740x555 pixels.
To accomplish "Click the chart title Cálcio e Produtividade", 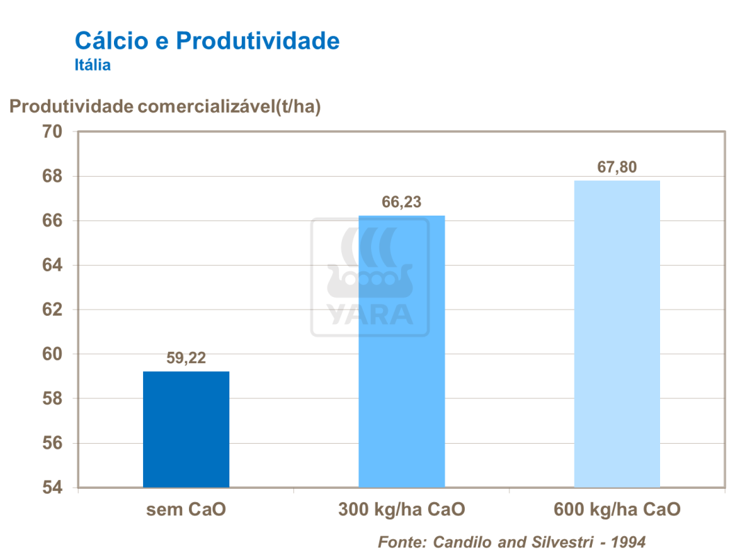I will click(x=207, y=40).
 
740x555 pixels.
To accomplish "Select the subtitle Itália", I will click(x=92, y=66).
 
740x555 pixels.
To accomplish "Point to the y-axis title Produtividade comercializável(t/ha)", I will click(x=165, y=106).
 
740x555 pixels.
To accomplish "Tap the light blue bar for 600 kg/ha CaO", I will click(x=617, y=334).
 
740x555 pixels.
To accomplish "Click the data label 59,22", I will click(x=186, y=359).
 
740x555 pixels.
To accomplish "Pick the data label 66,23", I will click(x=402, y=202).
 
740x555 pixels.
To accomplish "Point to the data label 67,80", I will click(x=617, y=168).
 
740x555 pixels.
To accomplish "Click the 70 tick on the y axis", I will click(x=53, y=131).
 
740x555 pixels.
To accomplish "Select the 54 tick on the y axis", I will click(x=53, y=488).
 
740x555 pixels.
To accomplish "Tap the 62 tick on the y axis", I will click(x=53, y=309).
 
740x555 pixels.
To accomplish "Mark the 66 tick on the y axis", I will click(x=53, y=220).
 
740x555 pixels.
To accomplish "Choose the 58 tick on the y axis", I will click(x=53, y=399).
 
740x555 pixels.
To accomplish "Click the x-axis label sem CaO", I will click(x=186, y=510).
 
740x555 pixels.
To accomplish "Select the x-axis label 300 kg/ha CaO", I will click(x=402, y=510).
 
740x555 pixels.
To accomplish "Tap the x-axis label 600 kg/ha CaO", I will click(x=617, y=510).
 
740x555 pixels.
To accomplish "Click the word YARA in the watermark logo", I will click(x=370, y=315).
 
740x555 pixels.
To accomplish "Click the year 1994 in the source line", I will click(x=627, y=542).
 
